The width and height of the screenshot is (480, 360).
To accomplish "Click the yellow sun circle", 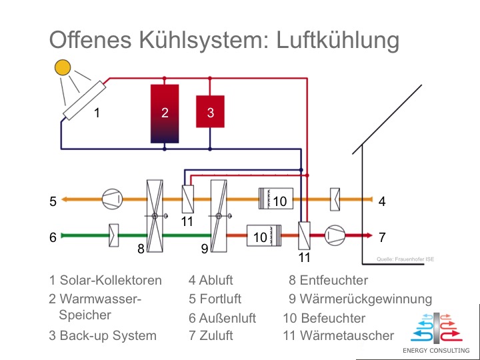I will coord(62,67).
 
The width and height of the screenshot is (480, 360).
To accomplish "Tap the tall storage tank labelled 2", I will coord(165,113).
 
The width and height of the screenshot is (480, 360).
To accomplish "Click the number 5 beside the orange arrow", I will coord(53,201).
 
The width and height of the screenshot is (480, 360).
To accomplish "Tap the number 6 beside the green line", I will coord(53,237).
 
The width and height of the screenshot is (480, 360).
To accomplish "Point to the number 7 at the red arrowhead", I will coord(382,237).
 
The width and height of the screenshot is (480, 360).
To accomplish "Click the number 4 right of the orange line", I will coord(382,201).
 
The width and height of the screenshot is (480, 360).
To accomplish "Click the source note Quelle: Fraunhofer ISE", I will coord(405,259).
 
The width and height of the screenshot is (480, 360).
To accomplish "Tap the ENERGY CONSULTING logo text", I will coord(436,350).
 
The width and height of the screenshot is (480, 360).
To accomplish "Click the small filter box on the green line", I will coord(114,235).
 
